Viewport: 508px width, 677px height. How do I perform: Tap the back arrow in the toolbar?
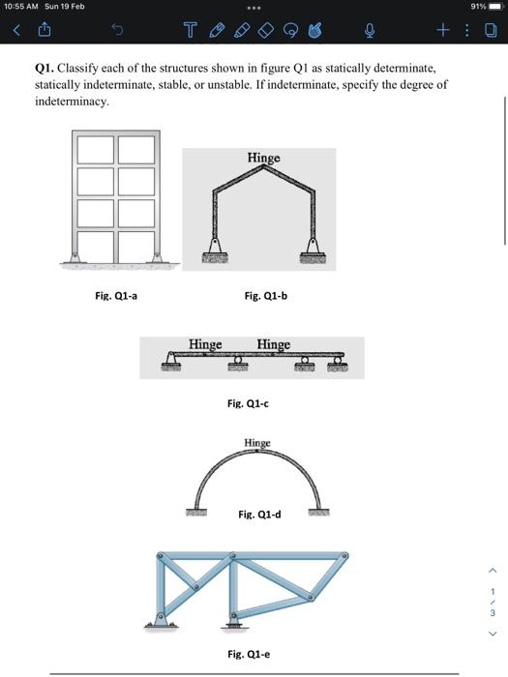pos(15,30)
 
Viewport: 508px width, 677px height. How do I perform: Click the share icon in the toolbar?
pos(42,30)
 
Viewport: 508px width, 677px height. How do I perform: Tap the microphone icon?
pos(369,30)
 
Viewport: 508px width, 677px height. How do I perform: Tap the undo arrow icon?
pos(116,30)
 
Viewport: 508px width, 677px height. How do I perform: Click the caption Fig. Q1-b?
pos(265,296)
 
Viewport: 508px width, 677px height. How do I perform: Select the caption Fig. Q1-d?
pos(259,515)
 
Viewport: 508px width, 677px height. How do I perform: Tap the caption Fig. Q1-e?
pos(249,654)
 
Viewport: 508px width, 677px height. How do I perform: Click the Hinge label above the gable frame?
pos(263,158)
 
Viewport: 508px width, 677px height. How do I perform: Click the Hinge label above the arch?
pos(257,443)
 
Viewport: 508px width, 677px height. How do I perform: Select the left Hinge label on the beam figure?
pos(204,344)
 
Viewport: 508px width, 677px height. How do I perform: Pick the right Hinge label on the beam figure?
pos(274,344)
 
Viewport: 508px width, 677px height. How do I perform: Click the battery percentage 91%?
pos(477,6)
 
